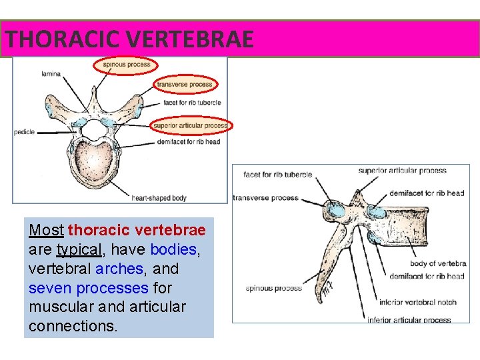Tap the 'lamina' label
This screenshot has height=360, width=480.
50,73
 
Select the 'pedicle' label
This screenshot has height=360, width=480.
25,132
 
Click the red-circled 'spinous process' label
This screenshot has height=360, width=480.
127,65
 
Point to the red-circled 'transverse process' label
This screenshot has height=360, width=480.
185,85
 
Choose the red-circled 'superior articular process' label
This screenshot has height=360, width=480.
191,125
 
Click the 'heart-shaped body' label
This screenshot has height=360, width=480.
159,197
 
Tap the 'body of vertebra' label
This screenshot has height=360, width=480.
437,264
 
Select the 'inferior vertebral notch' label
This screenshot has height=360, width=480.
417,302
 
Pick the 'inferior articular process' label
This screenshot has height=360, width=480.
409,320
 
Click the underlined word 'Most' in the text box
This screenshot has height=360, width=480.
46,231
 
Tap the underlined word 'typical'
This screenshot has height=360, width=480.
79,250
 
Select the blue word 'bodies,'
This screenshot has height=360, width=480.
174,250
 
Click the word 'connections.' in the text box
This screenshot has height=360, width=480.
73,327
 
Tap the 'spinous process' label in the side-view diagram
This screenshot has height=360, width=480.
273,288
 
